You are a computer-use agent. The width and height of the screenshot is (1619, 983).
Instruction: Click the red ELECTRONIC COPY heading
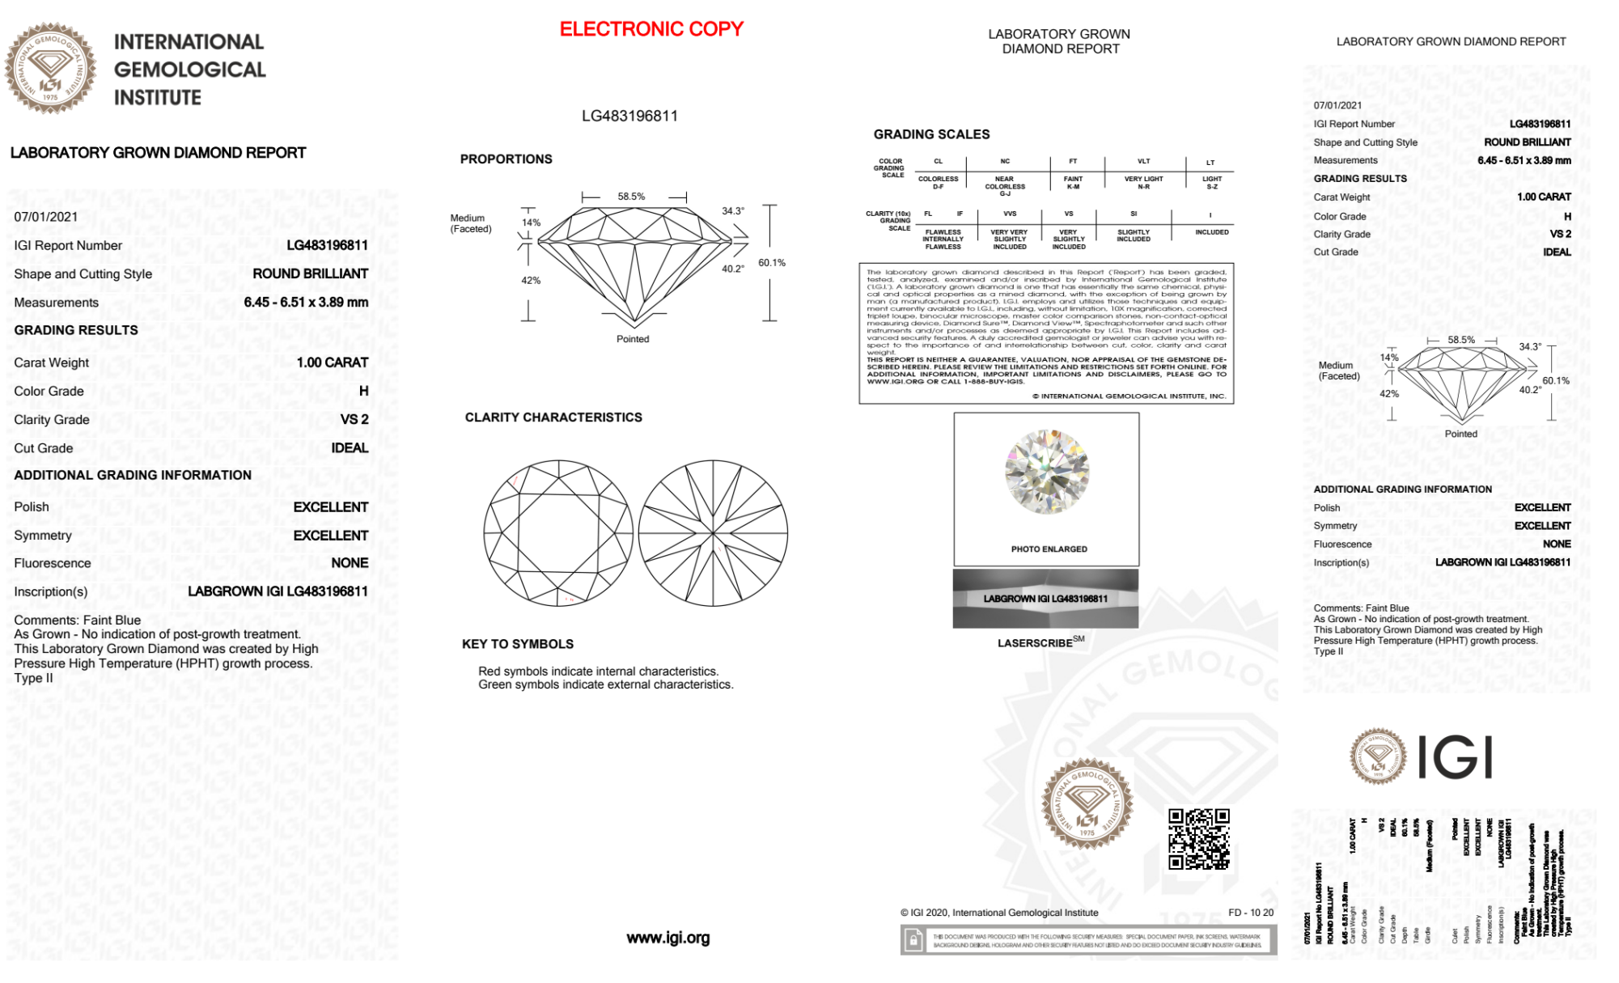tap(651, 29)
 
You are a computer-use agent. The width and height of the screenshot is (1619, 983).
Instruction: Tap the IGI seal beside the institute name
tap(50, 68)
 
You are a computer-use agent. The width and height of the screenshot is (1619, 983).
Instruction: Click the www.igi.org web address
tap(668, 938)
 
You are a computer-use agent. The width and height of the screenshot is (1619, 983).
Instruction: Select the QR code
tap(1199, 839)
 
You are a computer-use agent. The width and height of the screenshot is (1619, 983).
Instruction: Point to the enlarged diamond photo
tap(1046, 472)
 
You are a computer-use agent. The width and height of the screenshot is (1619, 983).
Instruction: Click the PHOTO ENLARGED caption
tap(1049, 549)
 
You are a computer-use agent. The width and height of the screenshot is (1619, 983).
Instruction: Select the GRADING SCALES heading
tap(931, 134)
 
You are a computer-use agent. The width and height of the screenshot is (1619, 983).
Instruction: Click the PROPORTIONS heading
tap(506, 159)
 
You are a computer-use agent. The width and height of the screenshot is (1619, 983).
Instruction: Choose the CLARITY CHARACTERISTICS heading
tap(553, 417)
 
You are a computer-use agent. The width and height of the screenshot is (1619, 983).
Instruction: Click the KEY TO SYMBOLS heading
tap(518, 644)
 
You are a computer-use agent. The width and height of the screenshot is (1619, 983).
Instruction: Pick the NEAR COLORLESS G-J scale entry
tap(1005, 186)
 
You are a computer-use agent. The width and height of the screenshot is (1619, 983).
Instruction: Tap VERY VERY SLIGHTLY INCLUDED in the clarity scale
tap(1009, 239)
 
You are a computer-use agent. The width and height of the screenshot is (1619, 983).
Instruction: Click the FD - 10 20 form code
tap(1250, 913)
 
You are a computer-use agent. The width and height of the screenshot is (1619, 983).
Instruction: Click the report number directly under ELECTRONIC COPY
tap(629, 116)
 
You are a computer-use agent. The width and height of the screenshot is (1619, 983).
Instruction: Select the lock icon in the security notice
tap(913, 941)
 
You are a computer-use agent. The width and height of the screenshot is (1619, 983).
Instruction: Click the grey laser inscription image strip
tap(1045, 599)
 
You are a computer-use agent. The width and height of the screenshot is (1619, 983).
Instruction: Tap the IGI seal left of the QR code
tap(1087, 803)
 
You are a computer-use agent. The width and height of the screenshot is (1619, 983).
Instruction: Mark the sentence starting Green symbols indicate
tap(605, 684)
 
